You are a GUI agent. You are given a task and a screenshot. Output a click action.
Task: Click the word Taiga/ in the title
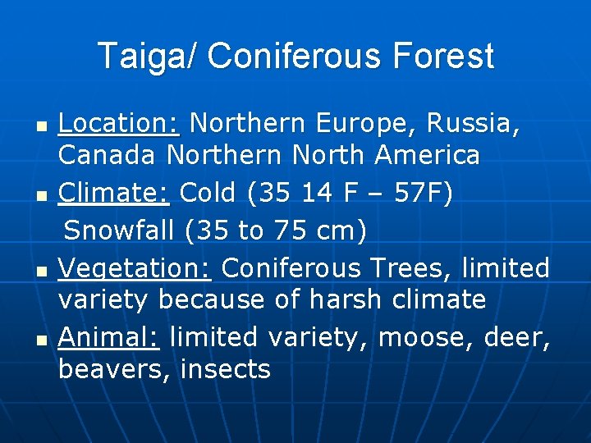point(148,57)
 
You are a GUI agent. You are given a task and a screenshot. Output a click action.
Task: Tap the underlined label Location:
point(119,123)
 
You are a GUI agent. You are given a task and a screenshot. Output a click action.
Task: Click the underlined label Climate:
point(114,193)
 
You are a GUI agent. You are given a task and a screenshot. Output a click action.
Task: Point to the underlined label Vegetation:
point(135,267)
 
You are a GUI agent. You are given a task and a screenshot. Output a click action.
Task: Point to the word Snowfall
point(121,231)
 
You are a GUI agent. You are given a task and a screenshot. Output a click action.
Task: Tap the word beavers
point(112,369)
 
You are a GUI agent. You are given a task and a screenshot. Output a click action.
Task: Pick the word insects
point(225,369)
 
